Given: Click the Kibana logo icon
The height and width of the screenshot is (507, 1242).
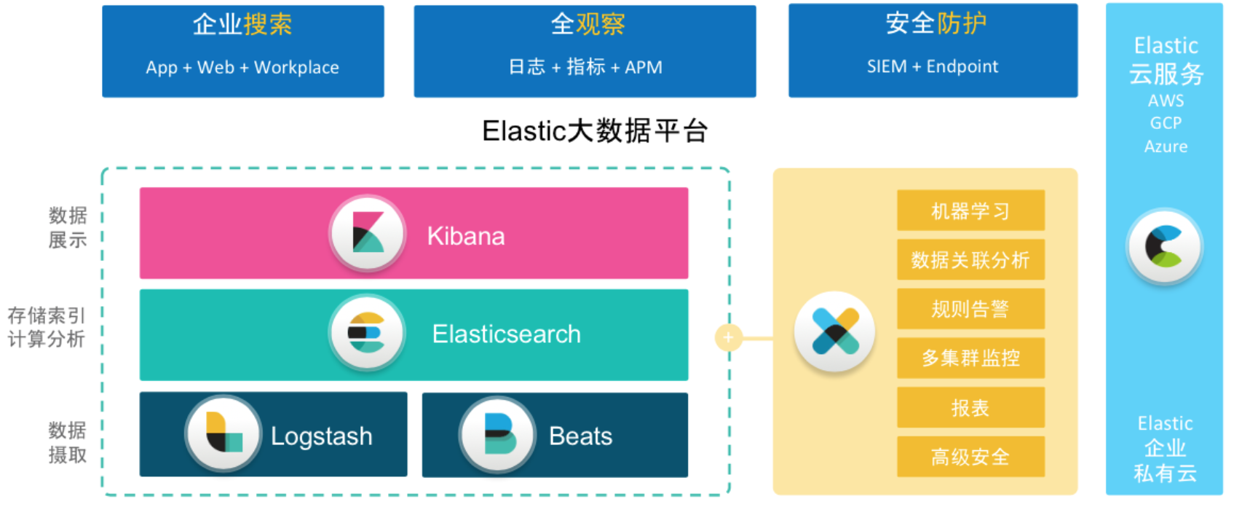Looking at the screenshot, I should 368,233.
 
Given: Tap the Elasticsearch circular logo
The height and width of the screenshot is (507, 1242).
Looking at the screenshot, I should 366,334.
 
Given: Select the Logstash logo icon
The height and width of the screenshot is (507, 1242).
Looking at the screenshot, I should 223,433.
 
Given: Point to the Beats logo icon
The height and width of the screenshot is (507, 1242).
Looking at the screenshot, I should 498,434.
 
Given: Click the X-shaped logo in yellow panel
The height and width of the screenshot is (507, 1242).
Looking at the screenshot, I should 835,332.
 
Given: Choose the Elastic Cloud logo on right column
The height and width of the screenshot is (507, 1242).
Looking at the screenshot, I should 1164,247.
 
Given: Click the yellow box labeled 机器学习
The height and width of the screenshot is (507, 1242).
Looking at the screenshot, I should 970,211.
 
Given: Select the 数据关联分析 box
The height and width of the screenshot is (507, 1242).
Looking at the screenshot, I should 970,259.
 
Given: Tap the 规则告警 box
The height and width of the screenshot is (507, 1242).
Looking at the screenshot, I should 970,309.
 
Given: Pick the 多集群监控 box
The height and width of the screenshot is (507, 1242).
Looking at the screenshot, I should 970,358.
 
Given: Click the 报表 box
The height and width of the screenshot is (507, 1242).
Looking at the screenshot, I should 970,407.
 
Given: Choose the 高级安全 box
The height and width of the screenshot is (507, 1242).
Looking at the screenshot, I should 970,457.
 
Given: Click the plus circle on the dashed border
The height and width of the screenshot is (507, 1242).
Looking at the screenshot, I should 728,337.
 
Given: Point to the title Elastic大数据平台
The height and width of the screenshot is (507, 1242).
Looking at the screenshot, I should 595,131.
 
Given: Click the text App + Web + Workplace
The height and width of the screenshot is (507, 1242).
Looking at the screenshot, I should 242,68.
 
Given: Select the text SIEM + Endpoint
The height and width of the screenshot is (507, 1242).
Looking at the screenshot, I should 933,66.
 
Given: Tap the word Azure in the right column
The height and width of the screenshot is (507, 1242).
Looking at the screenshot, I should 1166,146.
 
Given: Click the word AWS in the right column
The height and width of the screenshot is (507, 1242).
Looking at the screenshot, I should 1166,101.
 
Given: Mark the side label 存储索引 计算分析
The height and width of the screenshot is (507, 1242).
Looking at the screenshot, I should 47,327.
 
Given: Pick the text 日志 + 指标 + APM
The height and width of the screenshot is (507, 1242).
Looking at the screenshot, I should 585,67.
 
